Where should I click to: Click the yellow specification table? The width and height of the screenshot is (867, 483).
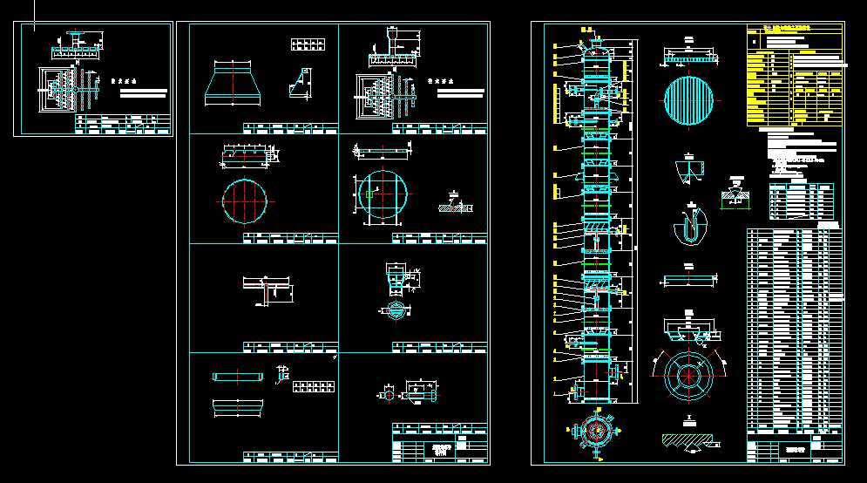pos(795,77)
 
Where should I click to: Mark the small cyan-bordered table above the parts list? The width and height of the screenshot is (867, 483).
pos(801,201)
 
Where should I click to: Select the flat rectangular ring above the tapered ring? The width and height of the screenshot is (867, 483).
pos(238,377)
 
